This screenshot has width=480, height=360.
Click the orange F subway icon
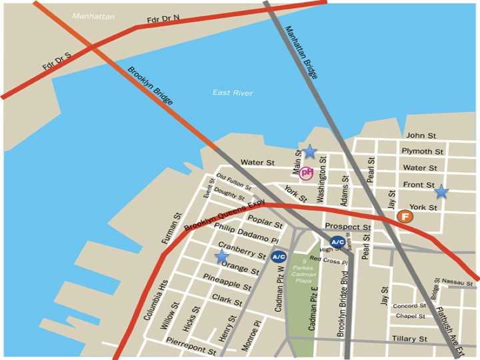404,216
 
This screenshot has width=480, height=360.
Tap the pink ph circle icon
307,173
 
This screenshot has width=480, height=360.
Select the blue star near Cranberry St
222,257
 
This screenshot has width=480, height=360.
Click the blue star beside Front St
441,192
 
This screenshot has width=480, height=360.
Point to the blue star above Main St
309,151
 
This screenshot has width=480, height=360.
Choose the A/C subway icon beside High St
337,242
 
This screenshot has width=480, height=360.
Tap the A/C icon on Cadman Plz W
279,256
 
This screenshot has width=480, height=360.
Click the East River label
233,93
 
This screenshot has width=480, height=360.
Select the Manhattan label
93,17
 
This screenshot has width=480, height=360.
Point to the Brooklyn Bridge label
151,86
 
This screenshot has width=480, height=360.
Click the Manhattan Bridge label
302,52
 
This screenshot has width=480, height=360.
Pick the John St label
420,136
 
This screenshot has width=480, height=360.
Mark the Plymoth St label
422,152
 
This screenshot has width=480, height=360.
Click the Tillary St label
409,339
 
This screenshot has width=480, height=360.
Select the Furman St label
171,227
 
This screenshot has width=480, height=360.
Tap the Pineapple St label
227,281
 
